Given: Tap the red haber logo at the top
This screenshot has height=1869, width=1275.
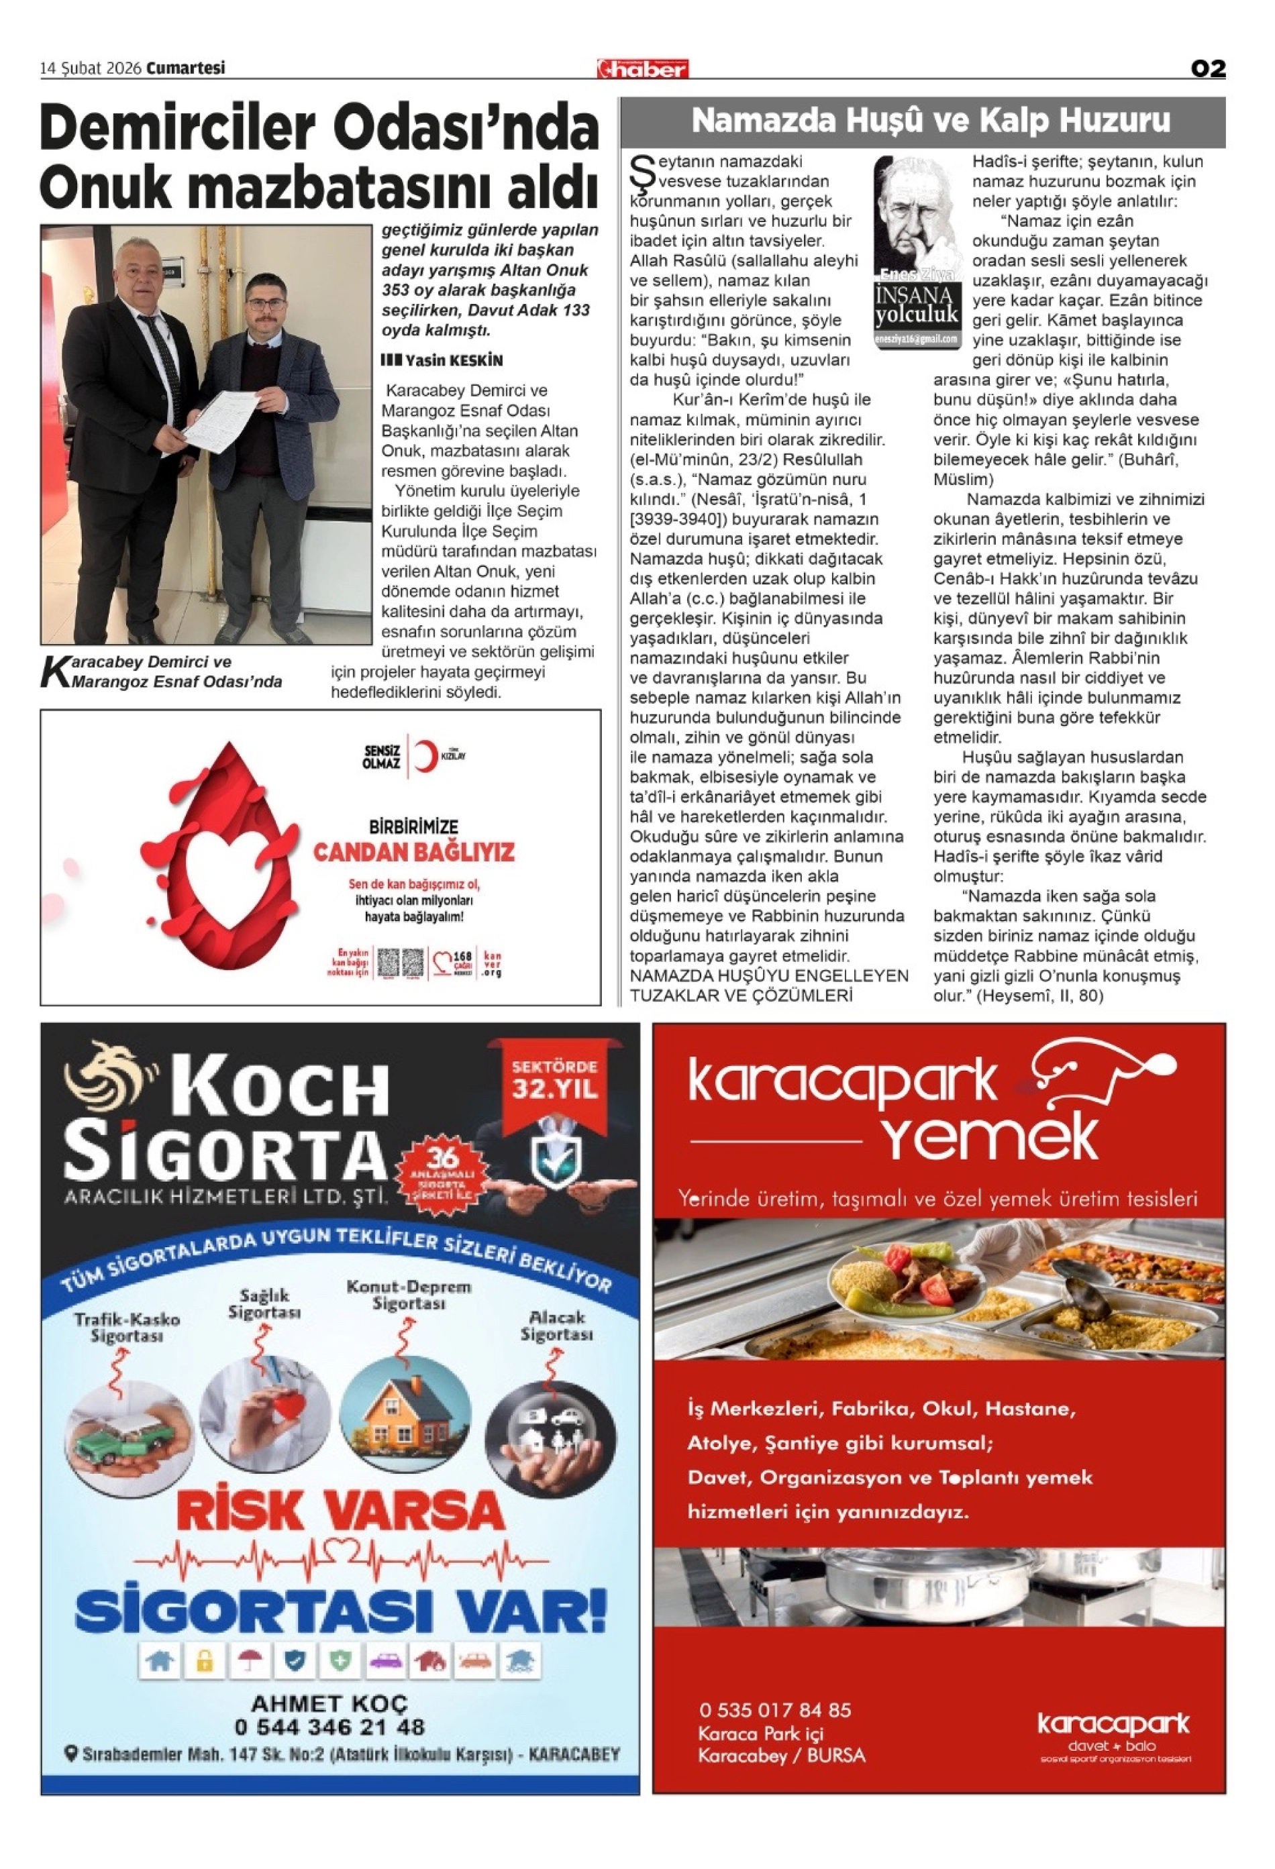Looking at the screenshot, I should (x=642, y=69).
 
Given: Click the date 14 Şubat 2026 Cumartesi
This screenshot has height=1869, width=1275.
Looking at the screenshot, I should (x=133, y=68).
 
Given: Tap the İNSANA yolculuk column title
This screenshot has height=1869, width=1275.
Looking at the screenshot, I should (x=917, y=305).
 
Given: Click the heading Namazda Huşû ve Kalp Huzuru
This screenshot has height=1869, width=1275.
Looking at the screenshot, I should (x=930, y=121).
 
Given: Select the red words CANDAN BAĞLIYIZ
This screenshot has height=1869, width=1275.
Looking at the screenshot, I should (x=413, y=852).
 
